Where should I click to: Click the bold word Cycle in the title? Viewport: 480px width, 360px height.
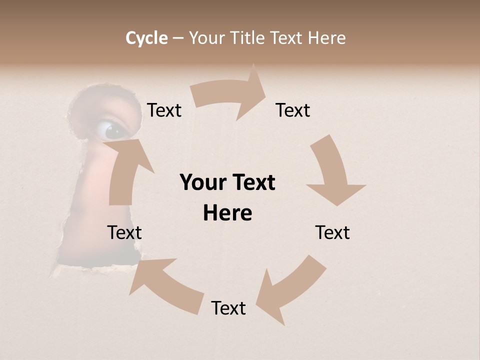pyautogui.click(x=146, y=38)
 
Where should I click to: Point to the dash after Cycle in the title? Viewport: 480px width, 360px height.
pyautogui.click(x=178, y=38)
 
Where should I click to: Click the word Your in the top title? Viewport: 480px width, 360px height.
pyautogui.click(x=206, y=38)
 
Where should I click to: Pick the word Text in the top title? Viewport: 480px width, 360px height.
pyautogui.click(x=286, y=38)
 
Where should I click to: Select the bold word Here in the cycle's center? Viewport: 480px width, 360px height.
pyautogui.click(x=227, y=213)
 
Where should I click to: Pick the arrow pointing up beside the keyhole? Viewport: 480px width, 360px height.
pyautogui.click(x=125, y=170)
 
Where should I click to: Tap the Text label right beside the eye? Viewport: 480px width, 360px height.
pyautogui.click(x=164, y=110)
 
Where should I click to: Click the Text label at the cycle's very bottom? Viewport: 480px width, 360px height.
pyautogui.click(x=228, y=308)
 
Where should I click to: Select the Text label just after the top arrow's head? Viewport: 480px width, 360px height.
pyautogui.click(x=293, y=110)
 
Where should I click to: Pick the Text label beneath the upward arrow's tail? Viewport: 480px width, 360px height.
pyautogui.click(x=124, y=232)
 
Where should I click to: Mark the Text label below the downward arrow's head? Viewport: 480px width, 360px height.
pyautogui.click(x=332, y=232)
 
